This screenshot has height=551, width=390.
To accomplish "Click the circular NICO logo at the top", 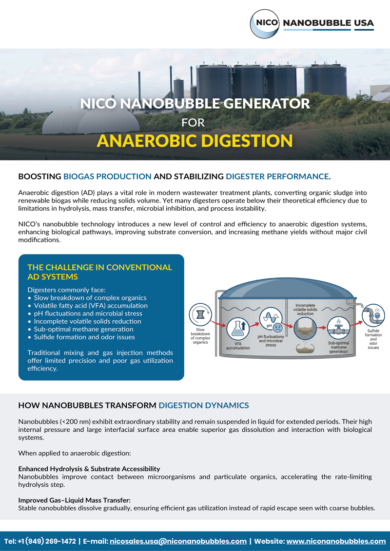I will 265,23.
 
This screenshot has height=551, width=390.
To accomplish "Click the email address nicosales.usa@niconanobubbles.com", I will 178,541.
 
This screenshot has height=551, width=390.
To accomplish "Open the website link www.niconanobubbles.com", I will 336,541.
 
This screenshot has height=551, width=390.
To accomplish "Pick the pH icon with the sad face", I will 271,320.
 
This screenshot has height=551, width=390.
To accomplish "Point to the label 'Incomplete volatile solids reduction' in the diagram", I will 305,310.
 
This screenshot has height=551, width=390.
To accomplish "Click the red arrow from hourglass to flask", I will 217,323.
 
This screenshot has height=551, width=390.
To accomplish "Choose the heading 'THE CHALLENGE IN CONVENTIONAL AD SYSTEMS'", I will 100,272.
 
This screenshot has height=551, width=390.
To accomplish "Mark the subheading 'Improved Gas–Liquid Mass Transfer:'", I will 74,500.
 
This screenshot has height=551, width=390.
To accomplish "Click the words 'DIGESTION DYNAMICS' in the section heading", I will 204,405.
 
